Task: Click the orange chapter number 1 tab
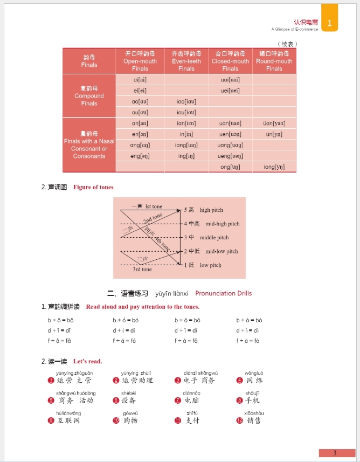(330, 23)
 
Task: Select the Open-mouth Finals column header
(140, 61)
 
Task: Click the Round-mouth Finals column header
(274, 61)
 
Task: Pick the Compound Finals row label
(89, 95)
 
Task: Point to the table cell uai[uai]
(230, 80)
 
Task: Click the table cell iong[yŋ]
(274, 167)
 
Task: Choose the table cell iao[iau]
(186, 101)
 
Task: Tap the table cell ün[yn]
(274, 134)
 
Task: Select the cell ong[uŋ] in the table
(230, 167)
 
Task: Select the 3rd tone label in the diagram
(142, 270)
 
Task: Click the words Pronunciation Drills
(223, 293)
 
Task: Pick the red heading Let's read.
(87, 361)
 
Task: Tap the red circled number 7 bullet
(178, 401)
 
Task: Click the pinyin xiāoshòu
(254, 413)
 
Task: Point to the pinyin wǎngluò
(254, 373)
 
